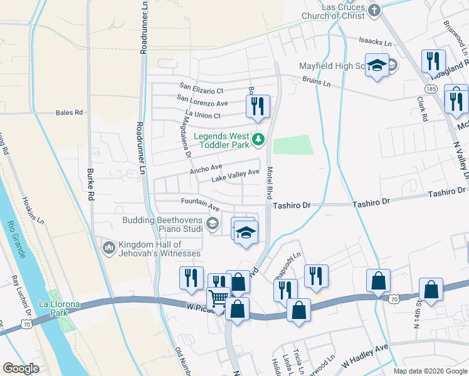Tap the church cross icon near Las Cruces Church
[x=374, y=10]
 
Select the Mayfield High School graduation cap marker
[x=377, y=65]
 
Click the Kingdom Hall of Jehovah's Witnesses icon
[x=109, y=248]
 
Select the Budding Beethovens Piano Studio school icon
[x=213, y=222]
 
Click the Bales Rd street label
[x=69, y=113]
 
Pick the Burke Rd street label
[x=91, y=185]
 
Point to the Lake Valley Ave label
[x=235, y=175]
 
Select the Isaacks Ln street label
[x=375, y=43]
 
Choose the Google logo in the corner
[x=21, y=368]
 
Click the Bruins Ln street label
[x=316, y=81]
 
